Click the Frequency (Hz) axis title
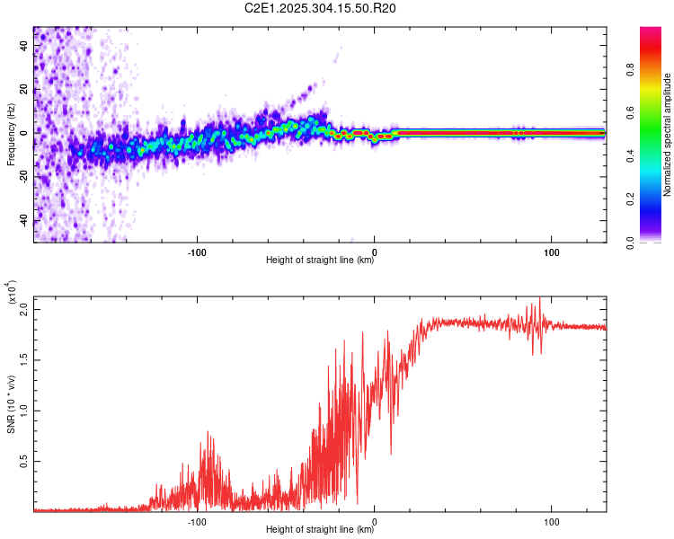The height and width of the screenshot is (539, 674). click(x=11, y=135)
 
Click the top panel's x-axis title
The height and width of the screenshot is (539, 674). click(x=320, y=260)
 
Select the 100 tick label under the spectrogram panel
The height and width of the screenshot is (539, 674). click(x=552, y=251)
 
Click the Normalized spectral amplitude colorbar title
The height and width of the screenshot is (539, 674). click(x=668, y=135)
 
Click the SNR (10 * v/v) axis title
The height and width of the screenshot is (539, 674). click(x=11, y=404)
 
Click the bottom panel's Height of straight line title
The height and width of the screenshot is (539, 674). click(x=320, y=529)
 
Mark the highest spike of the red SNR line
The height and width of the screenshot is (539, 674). click(x=539, y=298)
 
